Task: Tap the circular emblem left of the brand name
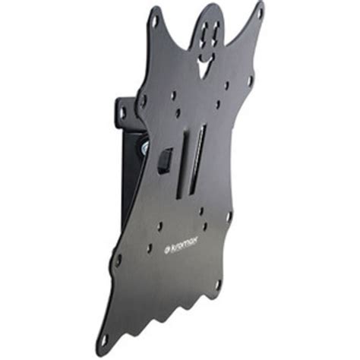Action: pyautogui.click(x=167, y=250)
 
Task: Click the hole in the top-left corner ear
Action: pyautogui.click(x=155, y=20)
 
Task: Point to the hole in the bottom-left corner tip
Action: pyautogui.click(x=104, y=340)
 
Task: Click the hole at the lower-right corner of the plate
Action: pyautogui.click(x=217, y=285)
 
